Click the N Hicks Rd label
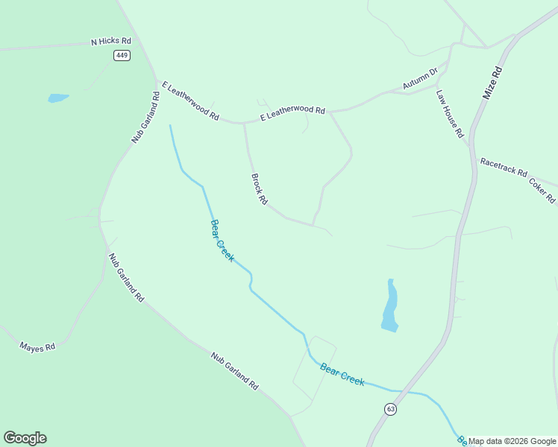(111, 42)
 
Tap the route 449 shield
(122, 56)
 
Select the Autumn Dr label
(420, 80)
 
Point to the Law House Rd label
(451, 114)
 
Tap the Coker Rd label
(542, 190)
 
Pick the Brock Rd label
(259, 188)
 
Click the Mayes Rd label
(37, 347)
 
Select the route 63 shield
(391, 409)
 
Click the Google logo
(25, 438)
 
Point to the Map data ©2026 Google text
(512, 441)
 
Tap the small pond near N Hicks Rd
(57, 98)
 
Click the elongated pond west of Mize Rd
(389, 306)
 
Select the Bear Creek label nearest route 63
(342, 373)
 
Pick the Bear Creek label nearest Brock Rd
(222, 240)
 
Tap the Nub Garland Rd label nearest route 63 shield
(234, 371)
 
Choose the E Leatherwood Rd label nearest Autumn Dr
(292, 113)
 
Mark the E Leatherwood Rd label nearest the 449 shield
(190, 101)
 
